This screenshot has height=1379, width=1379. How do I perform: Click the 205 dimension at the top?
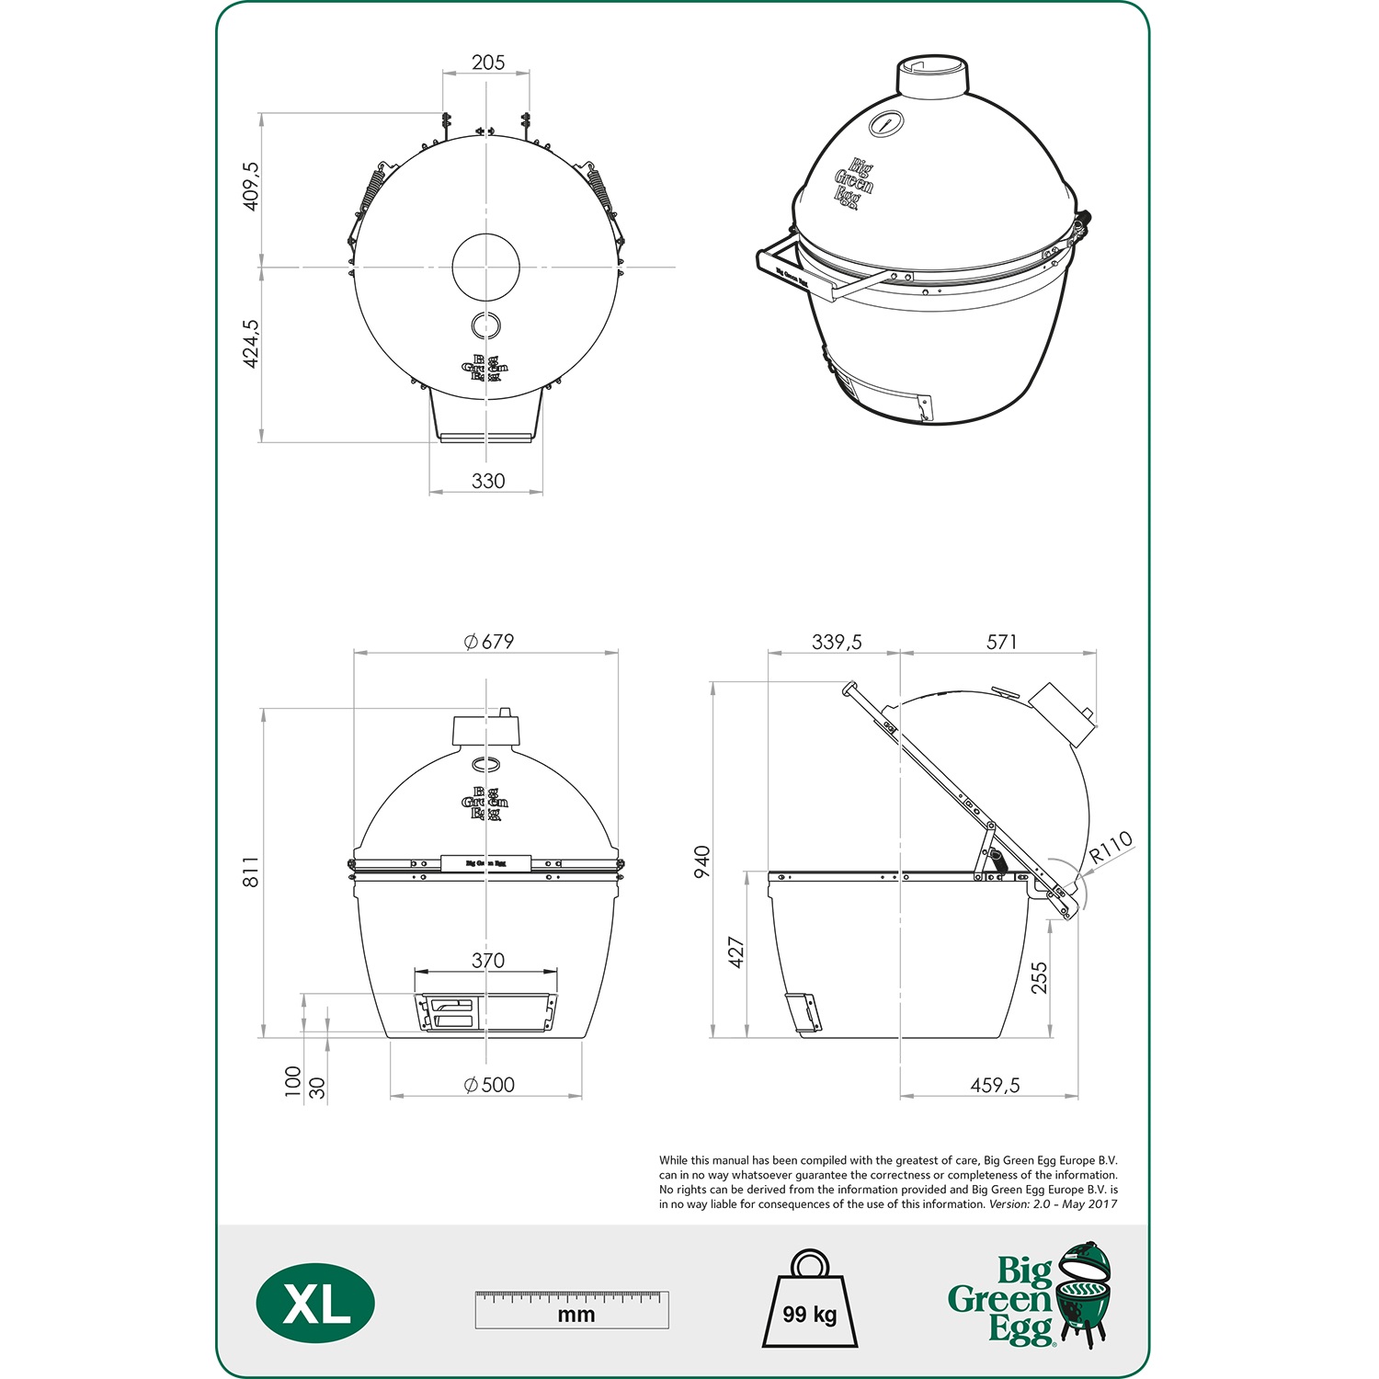488,63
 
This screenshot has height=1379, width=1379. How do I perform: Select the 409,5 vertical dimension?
251,187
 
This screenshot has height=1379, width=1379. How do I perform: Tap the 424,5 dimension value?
251,344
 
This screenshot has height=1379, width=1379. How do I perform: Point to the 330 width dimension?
488,481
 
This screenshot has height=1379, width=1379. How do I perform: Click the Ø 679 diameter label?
489,642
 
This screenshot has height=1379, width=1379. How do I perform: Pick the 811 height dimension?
251,872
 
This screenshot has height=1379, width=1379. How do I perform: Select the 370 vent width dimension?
488,961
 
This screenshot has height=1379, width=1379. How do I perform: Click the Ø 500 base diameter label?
489,1085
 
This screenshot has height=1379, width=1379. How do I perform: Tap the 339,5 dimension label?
837,642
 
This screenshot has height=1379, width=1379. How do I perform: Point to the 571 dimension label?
1002,642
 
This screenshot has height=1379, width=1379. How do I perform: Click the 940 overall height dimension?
702,861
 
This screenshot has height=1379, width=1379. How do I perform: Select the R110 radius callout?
1111,847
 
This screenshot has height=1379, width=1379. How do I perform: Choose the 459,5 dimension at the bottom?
995,1086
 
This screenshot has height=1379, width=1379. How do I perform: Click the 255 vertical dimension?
1039,977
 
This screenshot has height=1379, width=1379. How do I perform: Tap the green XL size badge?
315,1304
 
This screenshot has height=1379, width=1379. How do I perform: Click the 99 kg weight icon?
810,1301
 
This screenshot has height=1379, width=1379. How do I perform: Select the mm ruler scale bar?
572,1309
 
